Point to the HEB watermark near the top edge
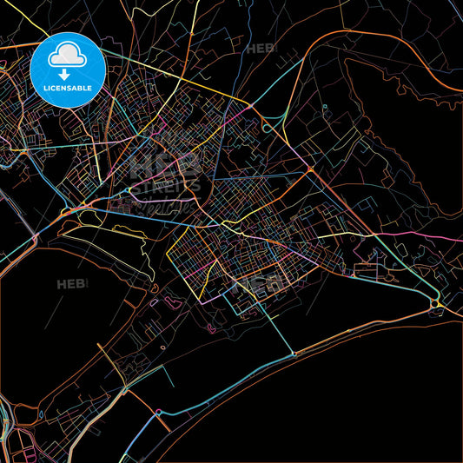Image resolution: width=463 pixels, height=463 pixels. (x=261, y=49)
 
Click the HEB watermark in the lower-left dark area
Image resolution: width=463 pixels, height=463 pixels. (x=73, y=284)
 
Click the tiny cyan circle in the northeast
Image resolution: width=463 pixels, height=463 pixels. (x=324, y=108)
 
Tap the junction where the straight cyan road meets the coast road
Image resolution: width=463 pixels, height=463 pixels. (x=294, y=354)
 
